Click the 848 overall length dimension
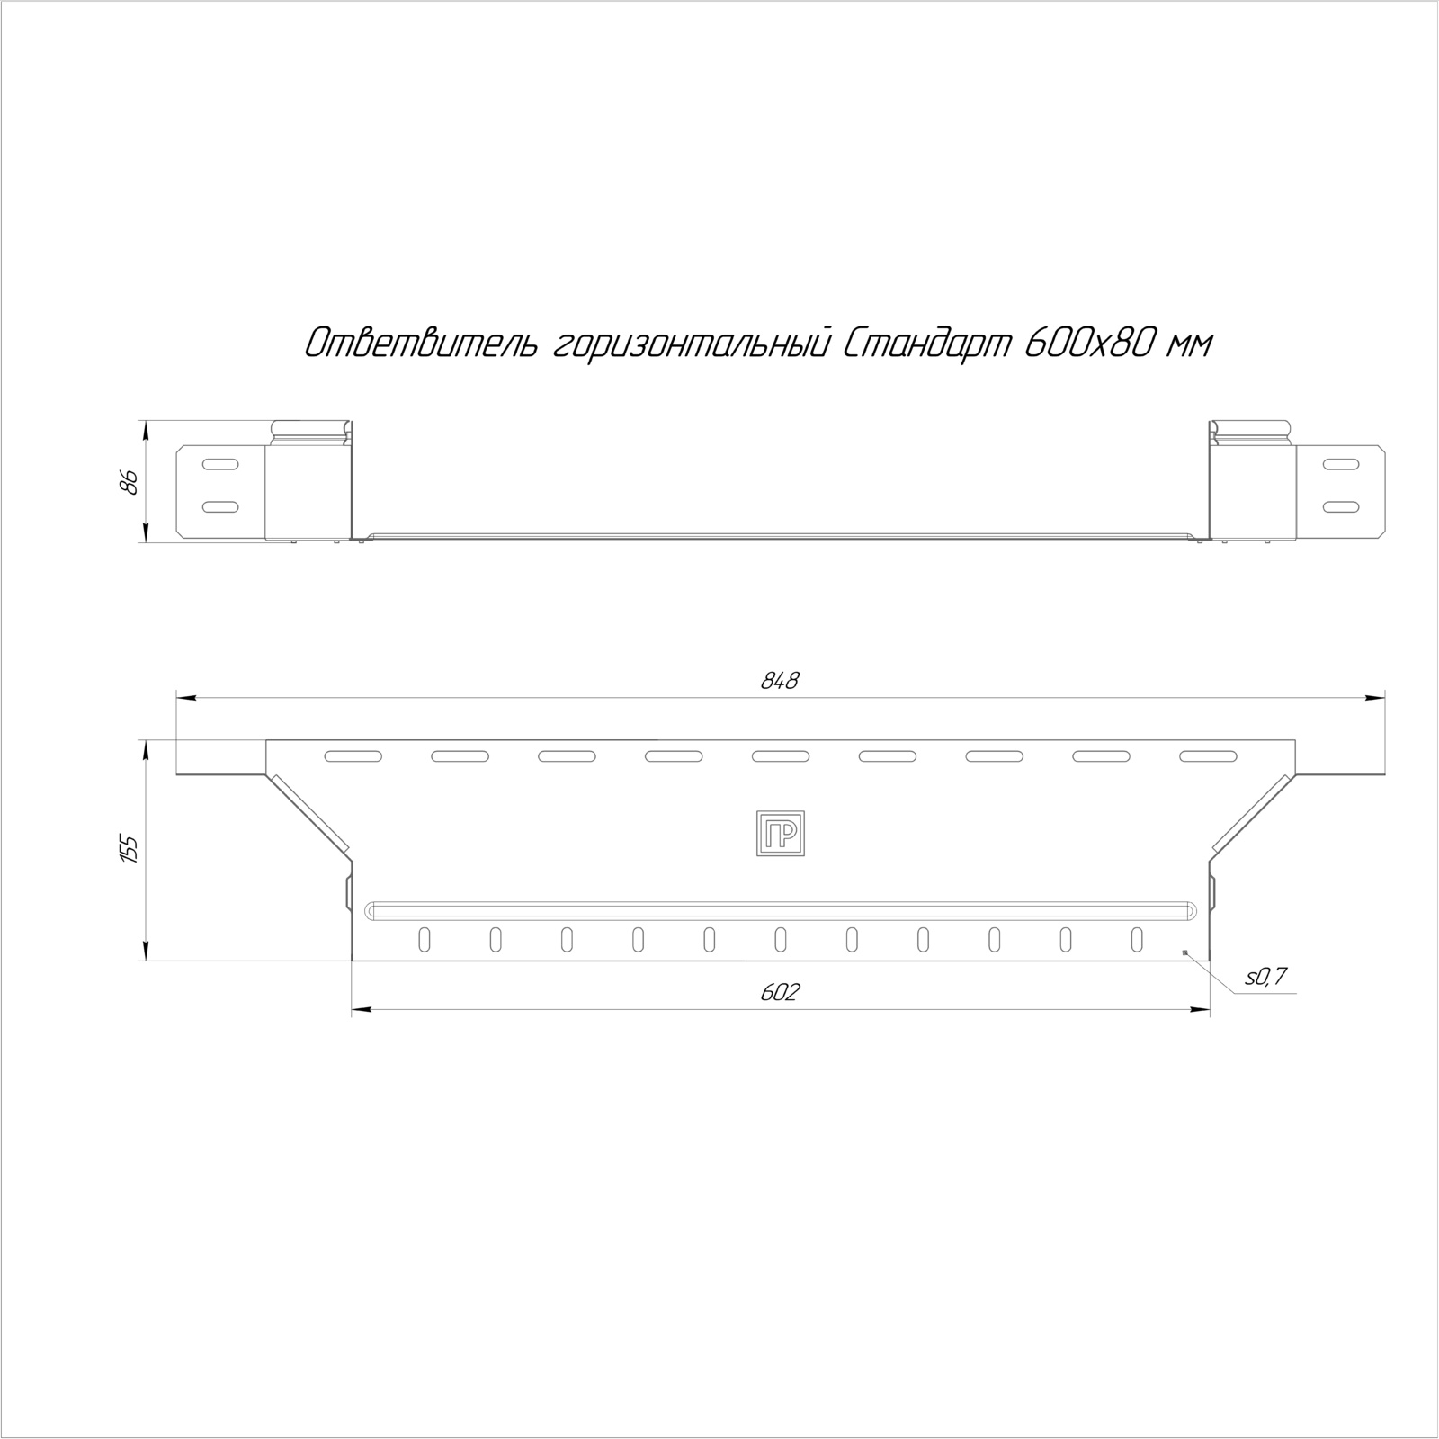pos(780,682)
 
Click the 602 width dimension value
pos(780,993)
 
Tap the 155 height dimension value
pos(129,850)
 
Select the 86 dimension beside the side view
pos(129,482)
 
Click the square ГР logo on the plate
pos(780,833)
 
